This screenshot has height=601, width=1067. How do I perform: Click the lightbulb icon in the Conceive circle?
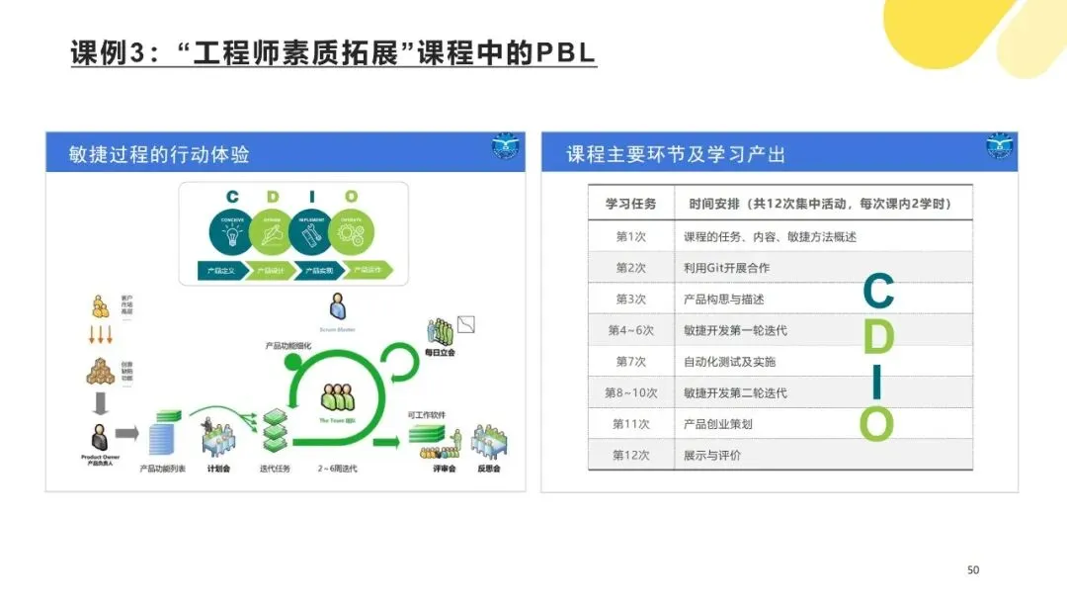point(232,233)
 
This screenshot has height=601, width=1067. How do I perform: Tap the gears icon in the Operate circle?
point(352,233)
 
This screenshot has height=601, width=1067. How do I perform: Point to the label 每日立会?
point(440,352)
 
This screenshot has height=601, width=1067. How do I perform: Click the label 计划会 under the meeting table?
point(218,469)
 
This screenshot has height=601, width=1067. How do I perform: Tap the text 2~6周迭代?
point(337,469)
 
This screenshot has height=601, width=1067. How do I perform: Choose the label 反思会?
point(489,469)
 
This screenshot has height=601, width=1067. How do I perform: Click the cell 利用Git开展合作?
point(726,268)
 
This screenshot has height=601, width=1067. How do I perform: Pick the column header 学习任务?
point(630,205)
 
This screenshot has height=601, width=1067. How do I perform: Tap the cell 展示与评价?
point(711,456)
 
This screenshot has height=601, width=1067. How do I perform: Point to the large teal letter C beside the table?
point(878,292)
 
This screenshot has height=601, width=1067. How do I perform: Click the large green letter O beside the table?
point(876,424)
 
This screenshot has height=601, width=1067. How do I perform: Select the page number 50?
point(972,570)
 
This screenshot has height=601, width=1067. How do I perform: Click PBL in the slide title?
point(565,52)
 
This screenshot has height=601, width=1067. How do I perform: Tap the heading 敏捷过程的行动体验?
point(159,154)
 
